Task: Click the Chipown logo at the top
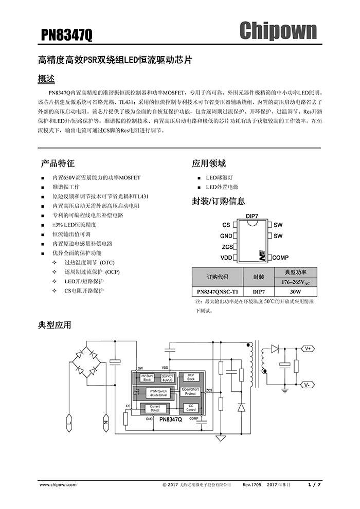click(278, 31)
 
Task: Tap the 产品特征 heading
click(58, 163)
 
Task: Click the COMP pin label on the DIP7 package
click(281, 258)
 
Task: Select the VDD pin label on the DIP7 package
click(226, 258)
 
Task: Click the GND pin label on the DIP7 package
click(226, 236)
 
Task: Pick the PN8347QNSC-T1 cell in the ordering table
click(217, 292)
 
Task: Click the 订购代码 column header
click(217, 277)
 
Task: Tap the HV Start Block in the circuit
click(148, 378)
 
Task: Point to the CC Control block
click(191, 408)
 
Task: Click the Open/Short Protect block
click(190, 392)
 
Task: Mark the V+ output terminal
click(308, 349)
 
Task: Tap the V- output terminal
click(307, 384)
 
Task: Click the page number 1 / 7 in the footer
click(314, 484)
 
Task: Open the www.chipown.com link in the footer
click(58, 484)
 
